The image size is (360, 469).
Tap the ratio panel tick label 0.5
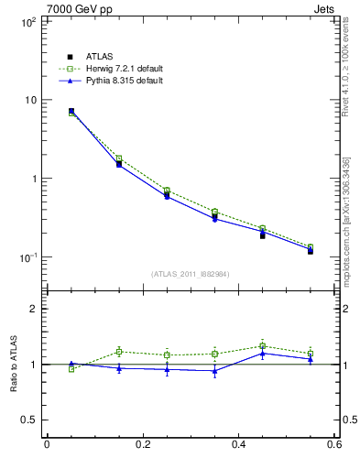[x=27, y=420]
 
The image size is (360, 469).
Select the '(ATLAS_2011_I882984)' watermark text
[x=190, y=274]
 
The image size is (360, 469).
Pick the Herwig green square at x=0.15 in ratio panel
[x=119, y=352]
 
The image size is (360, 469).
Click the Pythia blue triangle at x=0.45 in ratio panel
[x=263, y=353]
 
